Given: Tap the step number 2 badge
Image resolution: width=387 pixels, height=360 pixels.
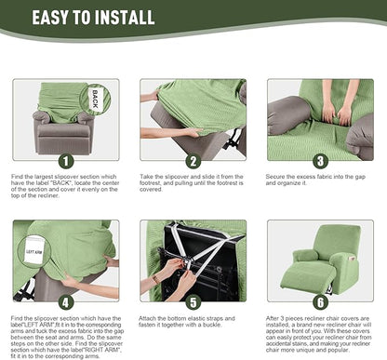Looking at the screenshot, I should pyautogui.click(x=193, y=160).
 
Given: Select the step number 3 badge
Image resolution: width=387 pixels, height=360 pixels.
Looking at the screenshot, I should pyautogui.click(x=319, y=160).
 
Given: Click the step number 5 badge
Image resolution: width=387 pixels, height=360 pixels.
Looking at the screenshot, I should pyautogui.click(x=193, y=301).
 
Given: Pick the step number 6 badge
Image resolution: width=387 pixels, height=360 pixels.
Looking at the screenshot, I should pyautogui.click(x=319, y=301).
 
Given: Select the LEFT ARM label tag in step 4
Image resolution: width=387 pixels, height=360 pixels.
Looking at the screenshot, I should pyautogui.click(x=34, y=252).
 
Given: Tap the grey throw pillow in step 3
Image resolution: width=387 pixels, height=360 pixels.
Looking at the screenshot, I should pyautogui.click(x=290, y=116).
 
